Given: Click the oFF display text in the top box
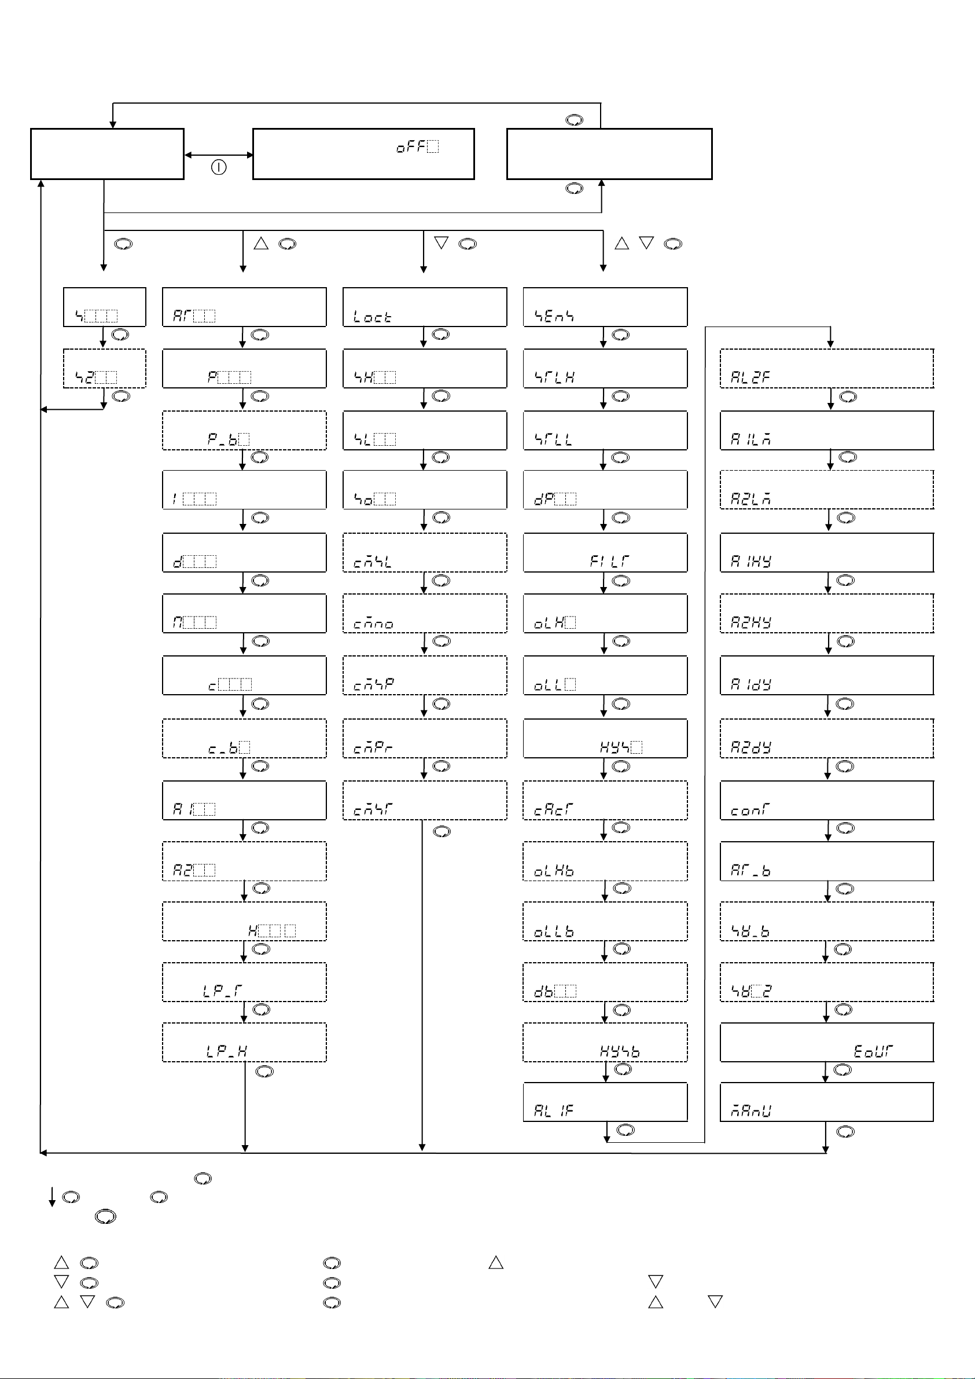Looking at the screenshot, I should tap(417, 146).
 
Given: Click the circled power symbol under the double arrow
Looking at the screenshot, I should tap(219, 167).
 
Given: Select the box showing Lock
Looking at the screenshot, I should tap(425, 307).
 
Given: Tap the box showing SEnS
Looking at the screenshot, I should tap(605, 307).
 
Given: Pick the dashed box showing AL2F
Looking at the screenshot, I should tap(826, 368).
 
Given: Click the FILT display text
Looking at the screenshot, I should tap(609, 561).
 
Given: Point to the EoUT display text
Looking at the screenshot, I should tap(874, 1051).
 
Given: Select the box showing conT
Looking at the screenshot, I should tap(826, 800).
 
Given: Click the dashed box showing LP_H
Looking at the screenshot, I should tap(244, 1043).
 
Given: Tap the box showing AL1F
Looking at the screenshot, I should tap(605, 1102).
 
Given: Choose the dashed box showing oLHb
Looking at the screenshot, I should tap(605, 861).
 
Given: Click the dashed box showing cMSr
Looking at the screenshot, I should tap(425, 800).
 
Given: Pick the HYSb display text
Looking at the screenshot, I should tap(620, 1051).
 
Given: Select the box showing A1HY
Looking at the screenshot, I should tap(826, 552).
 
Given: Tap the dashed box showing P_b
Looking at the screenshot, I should tap(244, 430).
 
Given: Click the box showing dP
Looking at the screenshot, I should tap(605, 490).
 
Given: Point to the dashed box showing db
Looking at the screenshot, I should tap(605, 982).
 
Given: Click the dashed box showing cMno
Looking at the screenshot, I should tap(425, 613).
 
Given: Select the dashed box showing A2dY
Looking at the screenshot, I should tap(826, 738).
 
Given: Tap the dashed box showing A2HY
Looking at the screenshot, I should tap(826, 613).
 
